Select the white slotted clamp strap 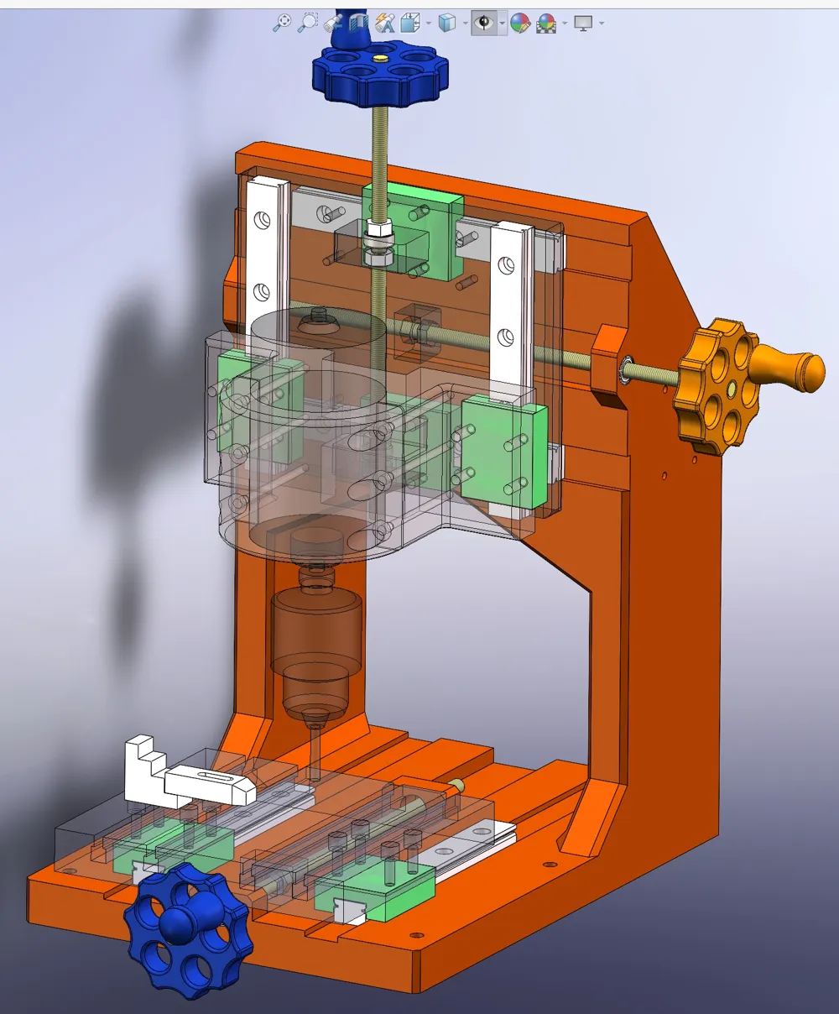pos(210,784)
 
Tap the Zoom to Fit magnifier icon pos(282,23)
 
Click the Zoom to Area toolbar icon pos(308,23)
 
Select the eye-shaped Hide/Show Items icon pos(483,23)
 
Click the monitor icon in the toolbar pos(583,23)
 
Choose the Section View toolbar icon pos(359,23)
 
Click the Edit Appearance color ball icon pos(520,23)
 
